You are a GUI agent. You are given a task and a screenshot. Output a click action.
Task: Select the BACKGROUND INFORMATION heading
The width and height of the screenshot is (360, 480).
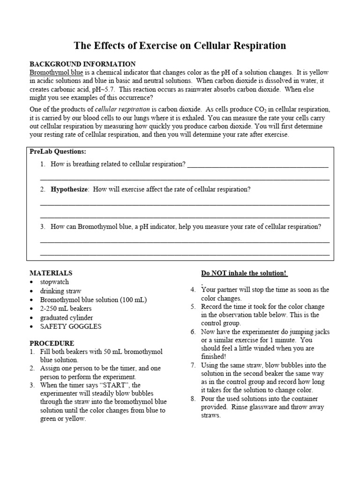(x=82, y=64)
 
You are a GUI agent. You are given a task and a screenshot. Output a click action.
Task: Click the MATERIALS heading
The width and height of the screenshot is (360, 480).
(x=51, y=272)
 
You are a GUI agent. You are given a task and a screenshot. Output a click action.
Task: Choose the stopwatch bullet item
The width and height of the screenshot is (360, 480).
(x=54, y=282)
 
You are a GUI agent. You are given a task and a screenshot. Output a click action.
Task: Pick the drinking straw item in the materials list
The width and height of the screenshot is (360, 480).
(x=60, y=291)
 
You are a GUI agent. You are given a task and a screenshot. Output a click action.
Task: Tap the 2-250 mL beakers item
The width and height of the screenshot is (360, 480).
(x=66, y=308)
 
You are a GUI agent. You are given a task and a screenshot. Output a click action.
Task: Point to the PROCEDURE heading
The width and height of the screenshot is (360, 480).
(x=52, y=343)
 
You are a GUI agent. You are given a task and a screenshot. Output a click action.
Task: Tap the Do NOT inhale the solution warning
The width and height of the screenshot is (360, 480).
(x=244, y=273)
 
